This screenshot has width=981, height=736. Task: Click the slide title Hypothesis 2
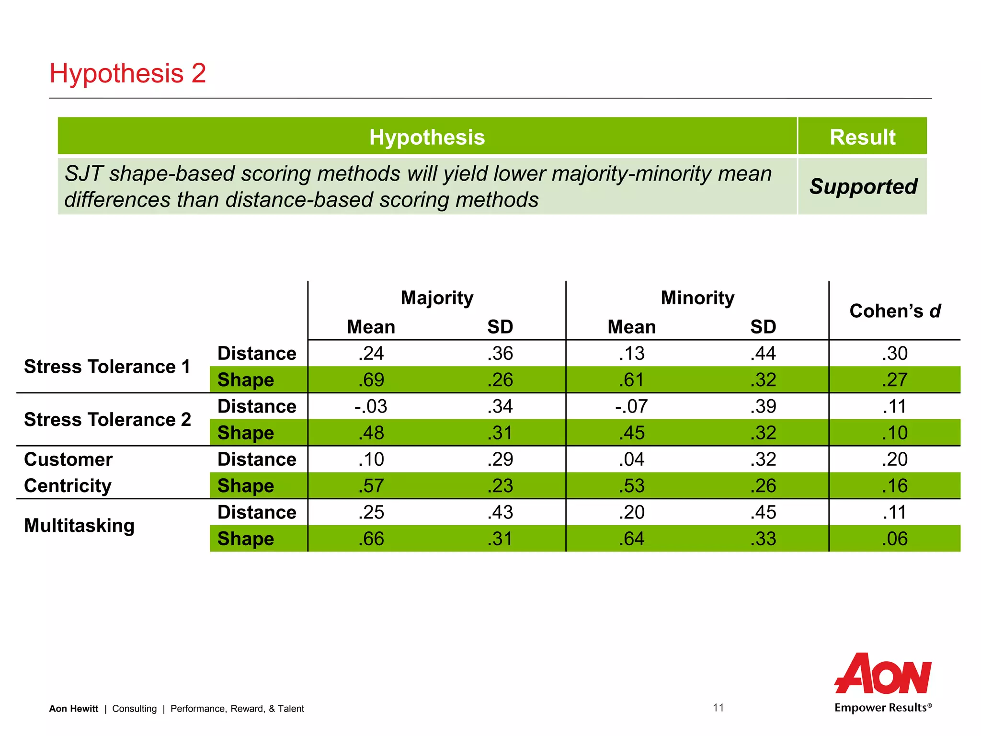[127, 74]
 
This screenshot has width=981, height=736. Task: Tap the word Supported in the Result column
[863, 186]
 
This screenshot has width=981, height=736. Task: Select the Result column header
[862, 137]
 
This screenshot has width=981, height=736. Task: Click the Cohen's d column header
[895, 311]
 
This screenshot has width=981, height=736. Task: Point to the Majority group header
[437, 298]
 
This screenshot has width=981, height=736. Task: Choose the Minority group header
[697, 298]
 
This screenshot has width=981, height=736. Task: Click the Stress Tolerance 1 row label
[107, 367]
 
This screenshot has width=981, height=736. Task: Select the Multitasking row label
[80, 526]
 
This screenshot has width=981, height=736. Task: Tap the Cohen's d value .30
[895, 354]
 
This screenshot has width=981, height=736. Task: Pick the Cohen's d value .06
[895, 539]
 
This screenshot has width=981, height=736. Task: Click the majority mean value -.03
[371, 407]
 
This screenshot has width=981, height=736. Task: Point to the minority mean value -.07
[631, 407]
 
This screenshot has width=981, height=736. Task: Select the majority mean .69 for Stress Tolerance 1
[371, 380]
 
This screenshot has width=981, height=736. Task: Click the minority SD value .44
[763, 354]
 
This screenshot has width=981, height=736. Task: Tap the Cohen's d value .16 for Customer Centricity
[895, 486]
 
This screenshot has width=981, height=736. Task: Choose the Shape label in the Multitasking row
[246, 539]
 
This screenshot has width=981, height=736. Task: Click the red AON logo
[883, 674]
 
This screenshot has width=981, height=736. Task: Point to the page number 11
[718, 708]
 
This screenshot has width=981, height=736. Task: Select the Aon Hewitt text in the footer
[74, 709]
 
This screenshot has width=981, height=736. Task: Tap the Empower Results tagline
[883, 708]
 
